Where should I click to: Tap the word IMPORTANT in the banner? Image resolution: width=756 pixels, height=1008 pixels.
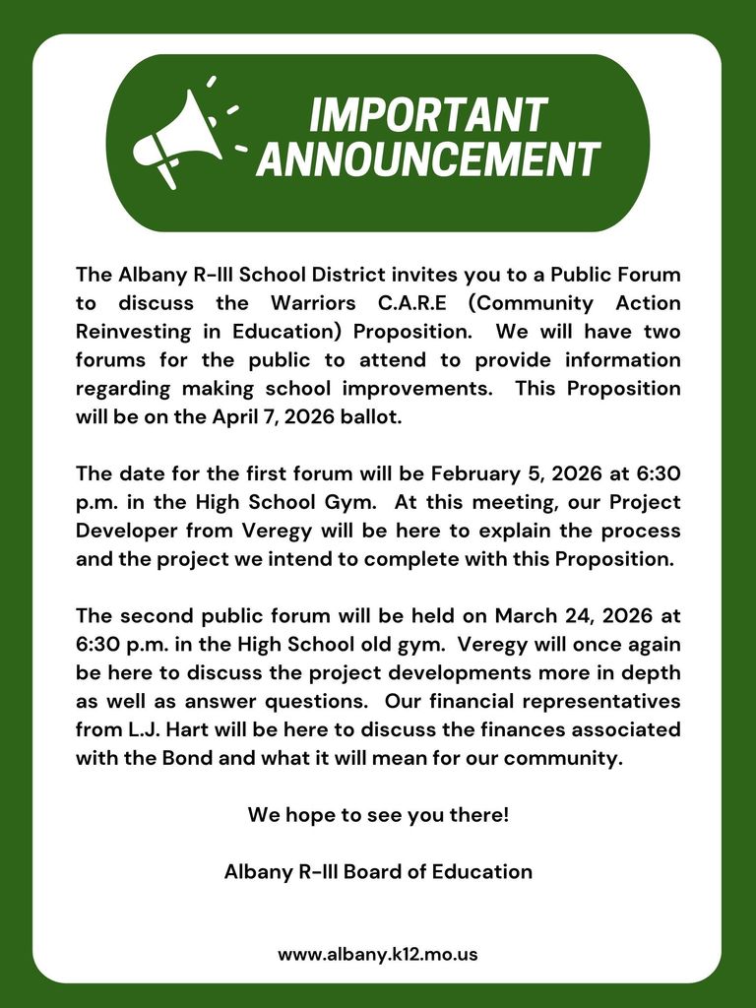point(428,114)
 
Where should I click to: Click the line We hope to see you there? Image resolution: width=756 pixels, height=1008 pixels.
point(378,816)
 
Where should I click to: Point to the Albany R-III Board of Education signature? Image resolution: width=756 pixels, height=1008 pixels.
point(378,872)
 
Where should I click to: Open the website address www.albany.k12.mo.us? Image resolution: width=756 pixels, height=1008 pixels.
point(378,954)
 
